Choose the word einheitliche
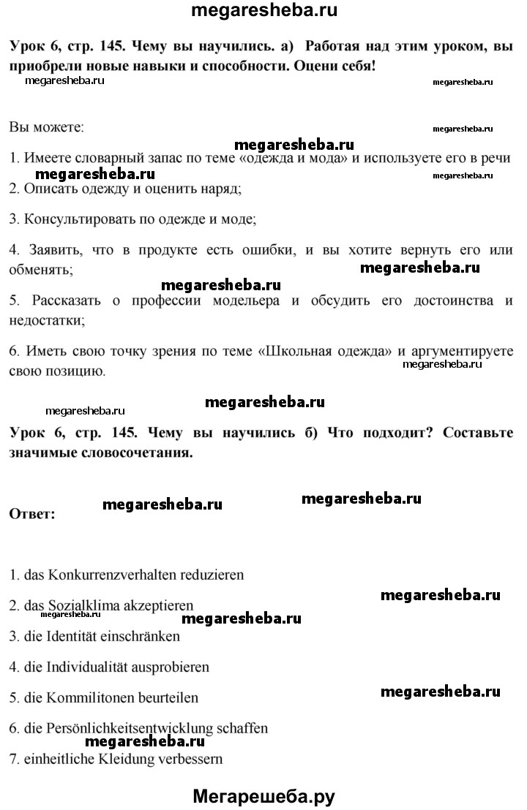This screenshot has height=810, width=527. pos(58,759)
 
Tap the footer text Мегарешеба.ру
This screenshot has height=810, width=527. pos(263,796)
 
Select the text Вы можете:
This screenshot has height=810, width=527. pos(47,127)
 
